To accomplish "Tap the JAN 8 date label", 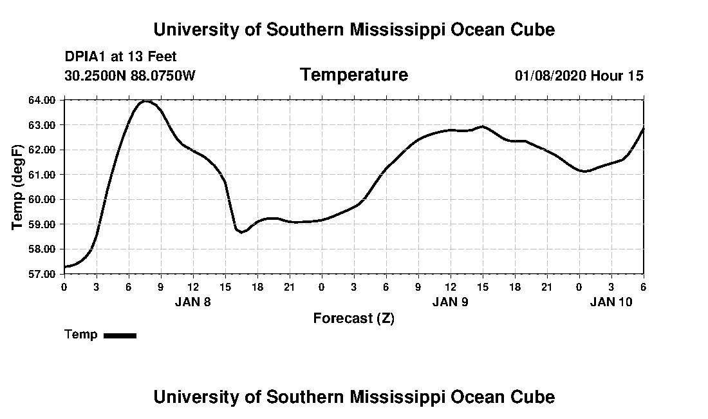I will (193, 302).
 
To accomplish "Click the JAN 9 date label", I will (451, 302).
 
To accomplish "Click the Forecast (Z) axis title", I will (353, 318).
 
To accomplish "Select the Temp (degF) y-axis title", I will (18, 187).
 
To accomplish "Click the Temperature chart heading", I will (353, 75).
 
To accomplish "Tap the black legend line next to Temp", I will (120, 335).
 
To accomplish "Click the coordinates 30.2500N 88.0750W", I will (129, 75).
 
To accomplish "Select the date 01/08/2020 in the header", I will (550, 75).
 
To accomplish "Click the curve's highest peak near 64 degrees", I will (145, 101).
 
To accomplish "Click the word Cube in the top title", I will (534, 30).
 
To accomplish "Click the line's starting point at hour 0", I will (65, 266).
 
